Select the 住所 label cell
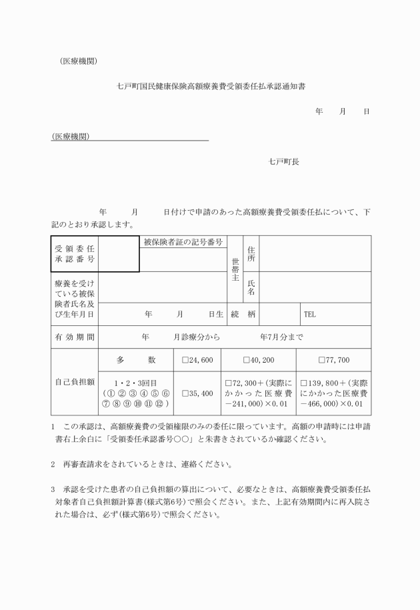(251, 254)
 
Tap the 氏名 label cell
(251, 287)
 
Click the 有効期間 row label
(74, 337)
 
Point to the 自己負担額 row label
(74, 383)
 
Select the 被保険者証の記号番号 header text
(183, 242)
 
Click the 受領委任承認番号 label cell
(74, 254)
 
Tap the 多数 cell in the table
(135, 361)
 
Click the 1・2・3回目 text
(135, 385)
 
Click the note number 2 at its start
(53, 463)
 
